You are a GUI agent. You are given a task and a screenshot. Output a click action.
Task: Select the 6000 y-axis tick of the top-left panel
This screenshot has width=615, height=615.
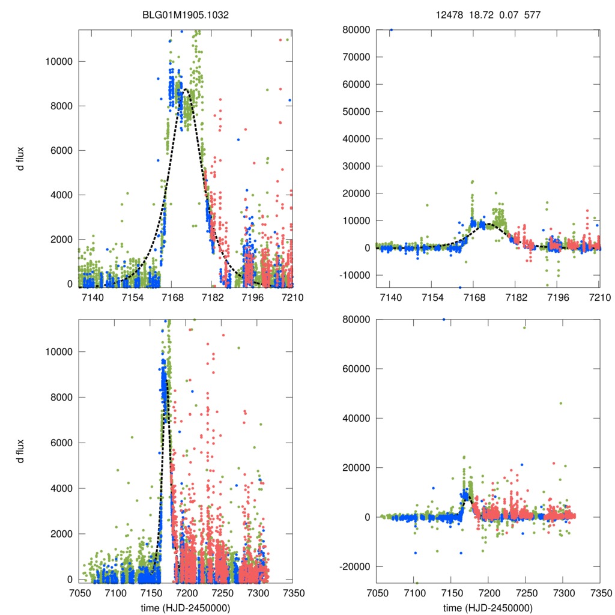click(x=61, y=150)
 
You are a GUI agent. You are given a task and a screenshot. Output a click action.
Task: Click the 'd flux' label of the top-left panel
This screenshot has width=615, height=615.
click(x=20, y=157)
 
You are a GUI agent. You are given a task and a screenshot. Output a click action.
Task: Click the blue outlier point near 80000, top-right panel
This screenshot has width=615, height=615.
click(x=391, y=29)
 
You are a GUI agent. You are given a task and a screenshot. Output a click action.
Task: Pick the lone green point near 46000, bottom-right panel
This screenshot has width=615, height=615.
click(x=561, y=403)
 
